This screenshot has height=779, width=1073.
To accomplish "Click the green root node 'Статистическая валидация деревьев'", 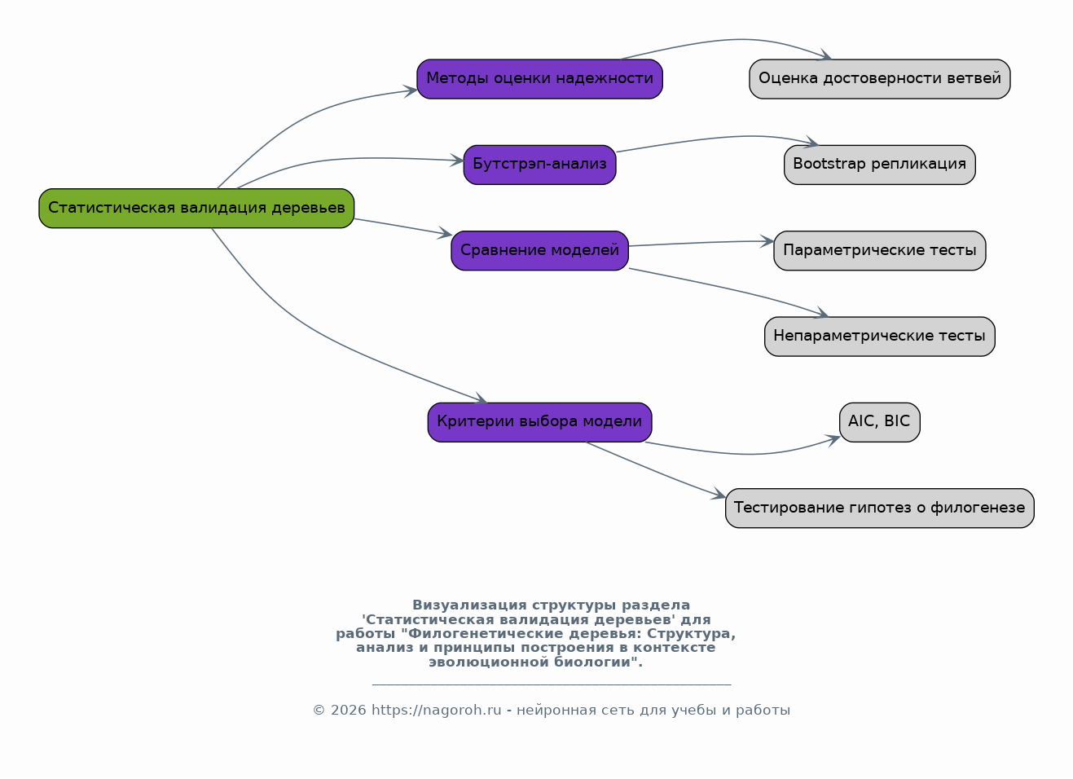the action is click(196, 209).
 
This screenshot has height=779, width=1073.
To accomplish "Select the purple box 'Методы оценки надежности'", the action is click(539, 79).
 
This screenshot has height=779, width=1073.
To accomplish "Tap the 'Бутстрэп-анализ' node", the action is click(539, 165).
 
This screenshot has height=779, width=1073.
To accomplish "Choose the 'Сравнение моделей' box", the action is click(539, 250).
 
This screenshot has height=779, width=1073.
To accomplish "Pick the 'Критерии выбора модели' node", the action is click(539, 422).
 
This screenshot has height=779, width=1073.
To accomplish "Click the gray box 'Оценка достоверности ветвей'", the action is click(879, 79).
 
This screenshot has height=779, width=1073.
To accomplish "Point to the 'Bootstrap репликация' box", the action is click(879, 165).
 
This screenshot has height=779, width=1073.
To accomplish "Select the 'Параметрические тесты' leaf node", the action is click(879, 250).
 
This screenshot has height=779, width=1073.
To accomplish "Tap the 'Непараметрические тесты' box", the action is click(879, 337).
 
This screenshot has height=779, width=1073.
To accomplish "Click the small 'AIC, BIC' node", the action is click(879, 422).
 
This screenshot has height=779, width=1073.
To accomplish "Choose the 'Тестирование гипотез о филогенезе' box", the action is click(879, 508).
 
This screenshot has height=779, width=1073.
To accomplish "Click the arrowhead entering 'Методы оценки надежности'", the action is click(411, 90).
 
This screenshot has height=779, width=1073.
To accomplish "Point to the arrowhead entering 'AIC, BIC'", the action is click(833, 440).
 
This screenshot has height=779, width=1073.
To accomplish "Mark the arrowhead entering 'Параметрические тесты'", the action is click(767, 241).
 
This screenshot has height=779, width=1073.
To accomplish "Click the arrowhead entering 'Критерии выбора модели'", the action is click(481, 398).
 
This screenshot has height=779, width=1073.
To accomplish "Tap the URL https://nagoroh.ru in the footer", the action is click(437, 710).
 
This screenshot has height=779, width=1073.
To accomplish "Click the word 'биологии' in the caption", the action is click(598, 662).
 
